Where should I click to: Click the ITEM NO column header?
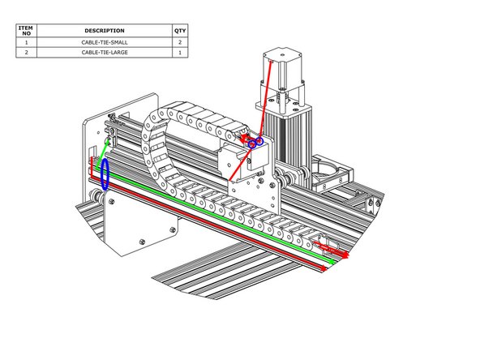(x=26, y=31)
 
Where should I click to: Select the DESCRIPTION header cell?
(x=105, y=31)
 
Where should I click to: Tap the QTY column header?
(x=180, y=31)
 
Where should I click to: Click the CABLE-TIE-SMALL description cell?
(x=105, y=42)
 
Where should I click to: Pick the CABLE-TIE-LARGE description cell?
(x=105, y=53)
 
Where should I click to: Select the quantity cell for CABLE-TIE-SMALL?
(x=180, y=42)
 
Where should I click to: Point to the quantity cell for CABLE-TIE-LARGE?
(x=180, y=53)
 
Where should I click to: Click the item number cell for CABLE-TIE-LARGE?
(x=26, y=53)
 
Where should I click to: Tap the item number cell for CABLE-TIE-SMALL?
(x=26, y=42)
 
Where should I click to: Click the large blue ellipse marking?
(x=101, y=174)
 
